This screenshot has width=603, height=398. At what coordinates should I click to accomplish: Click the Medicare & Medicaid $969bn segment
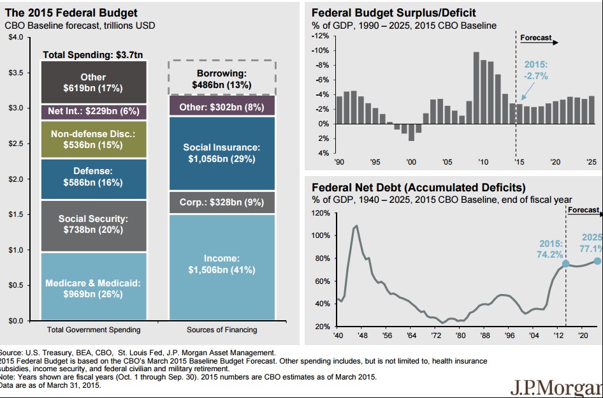click(x=93, y=286)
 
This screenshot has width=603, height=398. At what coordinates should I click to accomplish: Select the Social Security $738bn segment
click(x=93, y=226)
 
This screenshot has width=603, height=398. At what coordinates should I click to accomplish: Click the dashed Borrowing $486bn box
click(x=222, y=78)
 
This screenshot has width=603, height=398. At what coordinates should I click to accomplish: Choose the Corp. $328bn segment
click(x=222, y=202)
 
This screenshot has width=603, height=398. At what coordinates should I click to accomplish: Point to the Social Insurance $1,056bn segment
click(x=222, y=153)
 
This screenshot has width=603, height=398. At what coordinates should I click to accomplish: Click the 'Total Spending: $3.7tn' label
click(x=93, y=55)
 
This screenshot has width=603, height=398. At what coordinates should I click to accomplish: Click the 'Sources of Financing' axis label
click(x=222, y=330)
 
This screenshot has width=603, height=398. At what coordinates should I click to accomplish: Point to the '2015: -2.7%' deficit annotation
click(x=535, y=70)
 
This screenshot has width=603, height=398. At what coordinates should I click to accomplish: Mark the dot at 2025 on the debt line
click(x=597, y=260)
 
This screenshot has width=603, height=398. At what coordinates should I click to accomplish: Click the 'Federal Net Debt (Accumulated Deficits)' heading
click(x=418, y=188)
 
